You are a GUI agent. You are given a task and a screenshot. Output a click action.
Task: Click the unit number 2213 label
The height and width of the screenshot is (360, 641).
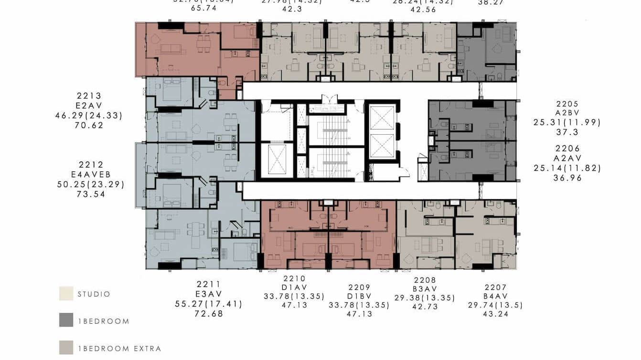click(89, 95)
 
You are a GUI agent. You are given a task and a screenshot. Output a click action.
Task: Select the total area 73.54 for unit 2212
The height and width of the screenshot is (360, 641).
click(90, 194)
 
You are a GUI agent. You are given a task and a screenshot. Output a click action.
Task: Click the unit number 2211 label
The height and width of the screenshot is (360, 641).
click(208, 284)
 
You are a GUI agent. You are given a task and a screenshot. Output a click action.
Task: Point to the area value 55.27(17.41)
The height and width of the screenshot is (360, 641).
click(208, 304)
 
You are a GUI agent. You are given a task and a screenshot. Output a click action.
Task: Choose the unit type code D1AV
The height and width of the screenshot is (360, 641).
click(294, 287)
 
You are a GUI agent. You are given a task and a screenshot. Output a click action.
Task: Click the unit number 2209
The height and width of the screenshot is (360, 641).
click(359, 287)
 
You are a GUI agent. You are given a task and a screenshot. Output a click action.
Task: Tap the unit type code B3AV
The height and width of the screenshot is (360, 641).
click(425, 289)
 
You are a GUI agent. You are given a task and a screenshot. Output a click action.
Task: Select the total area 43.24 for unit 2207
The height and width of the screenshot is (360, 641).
click(495, 314)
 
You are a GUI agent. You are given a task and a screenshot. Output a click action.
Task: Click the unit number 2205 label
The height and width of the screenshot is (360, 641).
click(567, 104)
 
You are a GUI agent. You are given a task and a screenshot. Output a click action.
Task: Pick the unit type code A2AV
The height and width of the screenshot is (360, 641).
click(567, 158)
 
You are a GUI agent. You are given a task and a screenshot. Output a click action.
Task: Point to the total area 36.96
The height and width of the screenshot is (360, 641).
click(567, 178)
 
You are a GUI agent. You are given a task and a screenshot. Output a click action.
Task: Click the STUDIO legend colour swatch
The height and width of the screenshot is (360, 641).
click(66, 294)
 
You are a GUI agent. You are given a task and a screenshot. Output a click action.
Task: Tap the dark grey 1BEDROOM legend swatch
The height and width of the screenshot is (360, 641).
click(66, 320)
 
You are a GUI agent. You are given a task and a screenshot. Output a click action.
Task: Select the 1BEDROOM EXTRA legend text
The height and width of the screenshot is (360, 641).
click(119, 349)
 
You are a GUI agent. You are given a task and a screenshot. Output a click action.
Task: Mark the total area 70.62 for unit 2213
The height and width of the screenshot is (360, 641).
click(89, 126)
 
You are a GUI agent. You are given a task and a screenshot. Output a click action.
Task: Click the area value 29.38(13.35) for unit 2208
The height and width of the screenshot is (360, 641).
click(425, 297)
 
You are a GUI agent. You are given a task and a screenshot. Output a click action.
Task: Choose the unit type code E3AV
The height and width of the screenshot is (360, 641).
click(208, 294)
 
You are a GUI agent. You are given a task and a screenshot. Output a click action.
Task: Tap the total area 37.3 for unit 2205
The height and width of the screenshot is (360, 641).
click(567, 132)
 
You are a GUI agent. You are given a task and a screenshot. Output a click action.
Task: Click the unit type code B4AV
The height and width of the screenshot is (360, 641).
click(495, 296)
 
